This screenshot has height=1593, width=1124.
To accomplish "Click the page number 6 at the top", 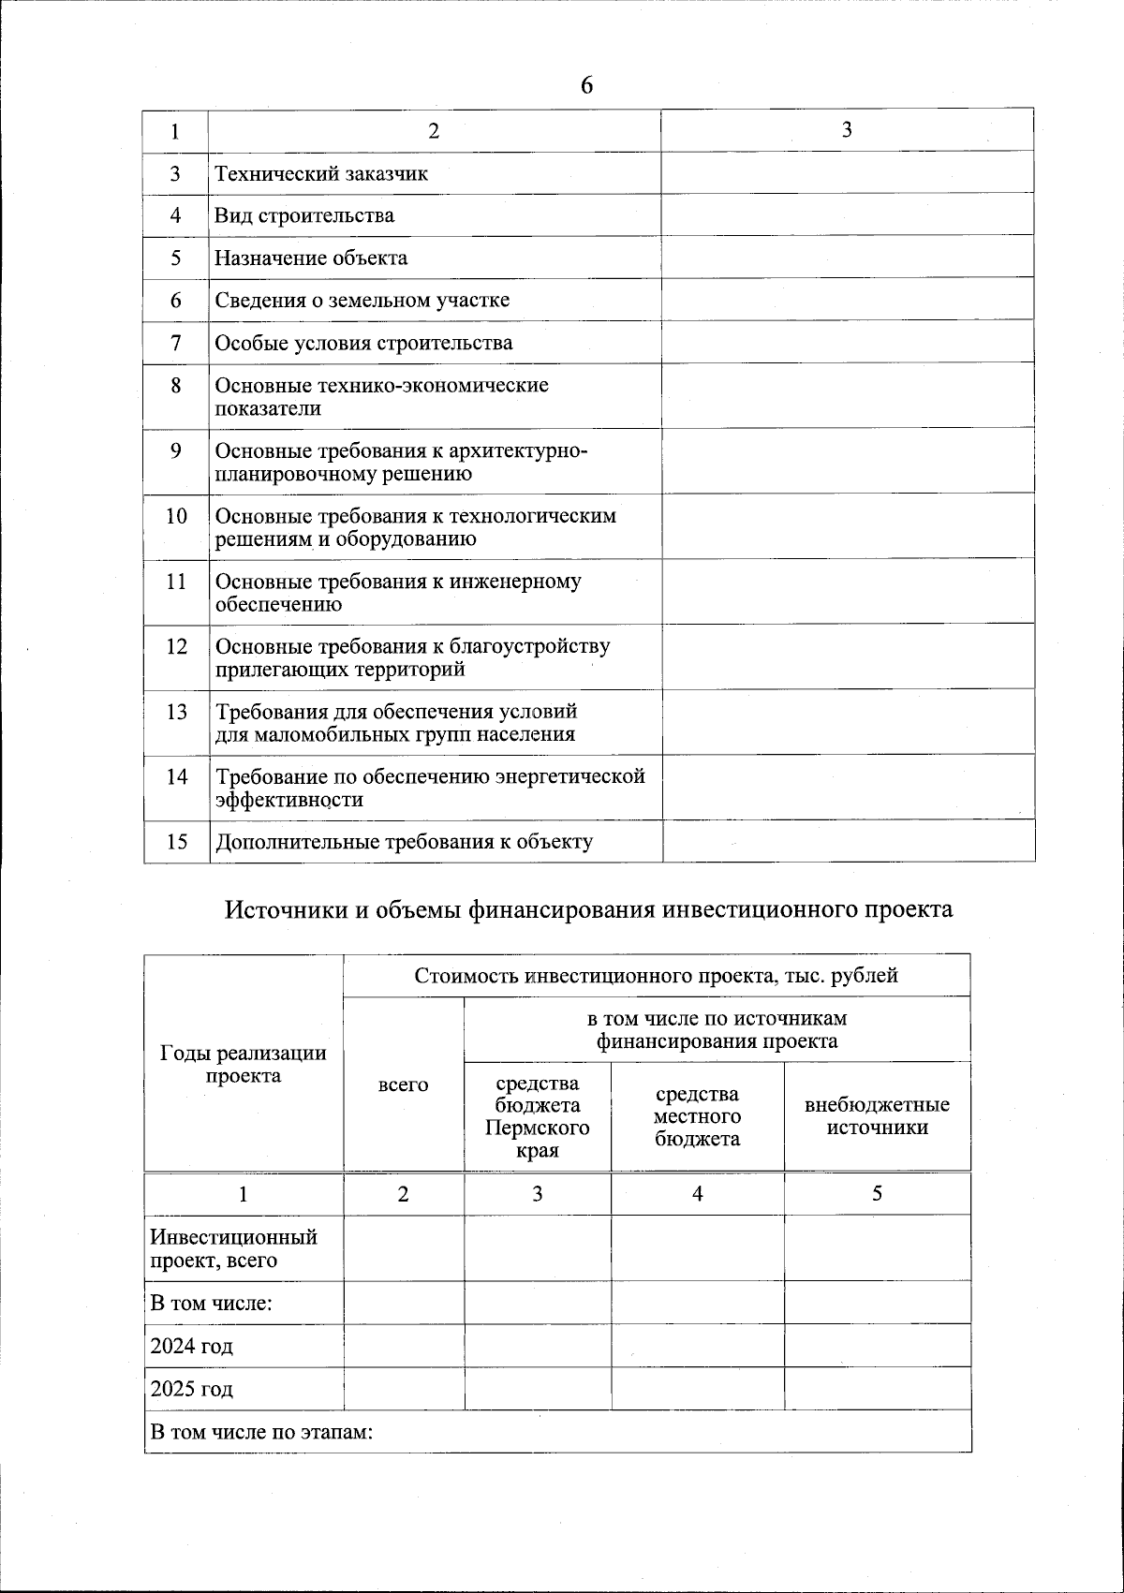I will click(586, 85).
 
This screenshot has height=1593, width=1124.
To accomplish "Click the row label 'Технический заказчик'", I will click(321, 173).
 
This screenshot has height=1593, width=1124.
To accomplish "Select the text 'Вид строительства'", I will click(304, 215).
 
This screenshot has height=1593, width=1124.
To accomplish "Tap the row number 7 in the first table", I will click(176, 343).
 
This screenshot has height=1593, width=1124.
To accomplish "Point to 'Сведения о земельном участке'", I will click(362, 301).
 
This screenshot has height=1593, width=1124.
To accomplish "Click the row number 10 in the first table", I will click(176, 516).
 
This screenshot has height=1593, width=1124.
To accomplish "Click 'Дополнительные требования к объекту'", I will click(404, 842).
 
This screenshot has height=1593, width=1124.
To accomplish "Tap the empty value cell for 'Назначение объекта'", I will click(848, 258).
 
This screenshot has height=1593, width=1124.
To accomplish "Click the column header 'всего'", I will click(403, 1084).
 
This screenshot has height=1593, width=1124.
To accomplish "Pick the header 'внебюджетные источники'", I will click(877, 1116).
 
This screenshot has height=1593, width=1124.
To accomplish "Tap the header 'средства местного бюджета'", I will click(697, 1116).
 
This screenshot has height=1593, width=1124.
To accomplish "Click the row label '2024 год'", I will click(192, 1347).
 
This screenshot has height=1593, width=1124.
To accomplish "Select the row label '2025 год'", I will click(192, 1389).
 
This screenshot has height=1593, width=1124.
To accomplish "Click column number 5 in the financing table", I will click(877, 1194).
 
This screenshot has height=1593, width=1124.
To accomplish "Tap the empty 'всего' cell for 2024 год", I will click(404, 1346).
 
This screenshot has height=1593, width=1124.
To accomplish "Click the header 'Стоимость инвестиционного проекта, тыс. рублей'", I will click(656, 976).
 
